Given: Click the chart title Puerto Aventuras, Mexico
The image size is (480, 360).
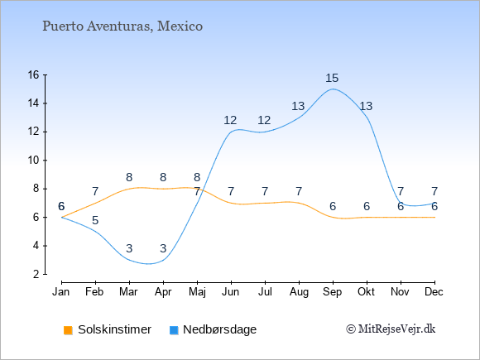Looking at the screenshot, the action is click(122, 26).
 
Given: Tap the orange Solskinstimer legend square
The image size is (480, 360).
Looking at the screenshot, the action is click(68, 330).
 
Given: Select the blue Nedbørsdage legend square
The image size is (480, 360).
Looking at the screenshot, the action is click(174, 330).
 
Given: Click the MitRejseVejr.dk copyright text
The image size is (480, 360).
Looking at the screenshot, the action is click(391, 329).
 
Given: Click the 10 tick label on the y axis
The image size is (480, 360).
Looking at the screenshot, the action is click(34, 160).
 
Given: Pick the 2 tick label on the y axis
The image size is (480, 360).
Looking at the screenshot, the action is click(36, 274).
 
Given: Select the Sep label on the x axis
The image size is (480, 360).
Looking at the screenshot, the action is click(333, 292).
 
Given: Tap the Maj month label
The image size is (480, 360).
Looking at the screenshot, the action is click(197, 292).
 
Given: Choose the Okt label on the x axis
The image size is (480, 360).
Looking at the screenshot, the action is click(367, 292).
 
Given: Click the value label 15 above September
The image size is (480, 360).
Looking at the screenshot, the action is click(332, 78).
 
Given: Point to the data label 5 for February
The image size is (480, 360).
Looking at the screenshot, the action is click(95, 220).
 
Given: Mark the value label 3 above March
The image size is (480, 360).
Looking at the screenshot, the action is click(129, 248).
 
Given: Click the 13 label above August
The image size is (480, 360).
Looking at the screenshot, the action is click(298, 106).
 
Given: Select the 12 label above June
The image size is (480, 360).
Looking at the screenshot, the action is click(230, 120).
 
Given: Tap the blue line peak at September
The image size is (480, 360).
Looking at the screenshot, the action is click(333, 89).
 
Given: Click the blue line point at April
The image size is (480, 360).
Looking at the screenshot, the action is click(163, 260).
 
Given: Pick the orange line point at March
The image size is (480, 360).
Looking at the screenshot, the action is click(129, 189).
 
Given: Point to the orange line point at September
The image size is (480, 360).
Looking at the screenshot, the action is click(333, 218).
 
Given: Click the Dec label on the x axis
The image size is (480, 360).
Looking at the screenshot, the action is click(434, 292).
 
